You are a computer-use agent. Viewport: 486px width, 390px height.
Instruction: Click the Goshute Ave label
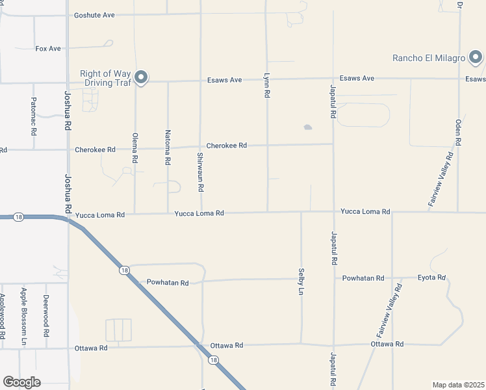tap(94, 14)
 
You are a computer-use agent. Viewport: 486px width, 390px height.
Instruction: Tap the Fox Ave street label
tap(48, 48)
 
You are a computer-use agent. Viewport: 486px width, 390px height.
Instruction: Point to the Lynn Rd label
tap(266, 85)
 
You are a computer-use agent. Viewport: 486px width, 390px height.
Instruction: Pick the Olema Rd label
tap(135, 150)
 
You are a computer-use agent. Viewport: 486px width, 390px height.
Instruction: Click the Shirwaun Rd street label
tap(201, 172)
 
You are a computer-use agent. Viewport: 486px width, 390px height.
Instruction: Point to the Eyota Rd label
tap(431, 278)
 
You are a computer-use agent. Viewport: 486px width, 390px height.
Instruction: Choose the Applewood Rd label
tap(2, 317)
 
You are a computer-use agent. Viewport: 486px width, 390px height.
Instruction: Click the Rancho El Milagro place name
tap(429, 58)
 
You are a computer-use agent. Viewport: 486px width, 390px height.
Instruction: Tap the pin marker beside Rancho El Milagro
tap(476, 58)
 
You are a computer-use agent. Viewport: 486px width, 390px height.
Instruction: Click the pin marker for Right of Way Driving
tap(141, 78)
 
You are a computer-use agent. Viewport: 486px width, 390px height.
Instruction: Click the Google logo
tap(21, 382)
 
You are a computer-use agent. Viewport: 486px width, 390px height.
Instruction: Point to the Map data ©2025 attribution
tap(458, 385)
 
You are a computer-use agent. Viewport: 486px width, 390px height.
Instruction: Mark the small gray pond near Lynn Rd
tap(307, 127)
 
